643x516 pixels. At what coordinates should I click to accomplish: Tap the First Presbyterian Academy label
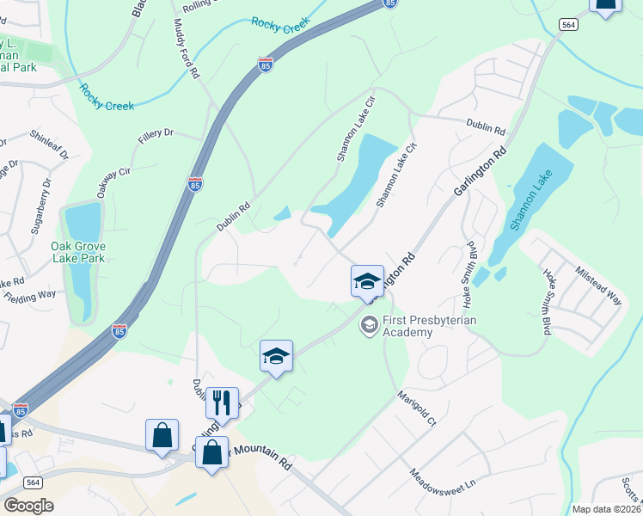(x=429, y=327)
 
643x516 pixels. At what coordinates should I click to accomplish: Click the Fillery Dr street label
(x=157, y=135)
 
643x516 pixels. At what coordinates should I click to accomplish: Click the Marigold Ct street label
(x=417, y=409)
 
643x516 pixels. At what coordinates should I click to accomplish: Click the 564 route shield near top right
(x=568, y=25)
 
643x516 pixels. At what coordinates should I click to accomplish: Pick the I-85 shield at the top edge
(x=391, y=3)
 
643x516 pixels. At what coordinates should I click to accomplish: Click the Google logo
(x=28, y=506)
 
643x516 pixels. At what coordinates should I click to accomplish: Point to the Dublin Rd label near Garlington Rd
(x=486, y=126)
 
